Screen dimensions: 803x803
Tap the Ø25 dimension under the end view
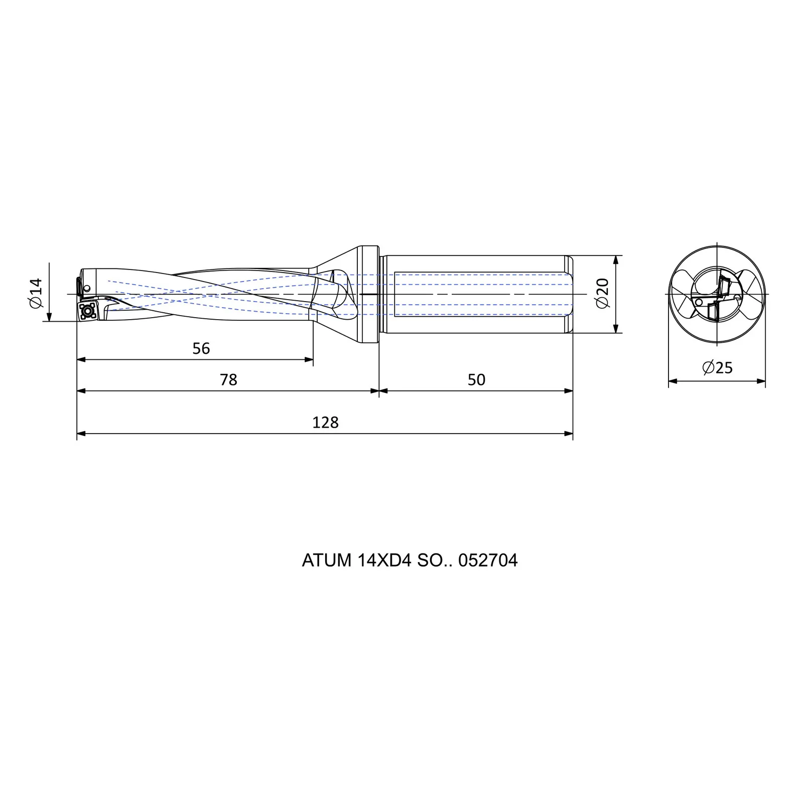(717, 368)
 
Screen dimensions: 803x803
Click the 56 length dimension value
(201, 348)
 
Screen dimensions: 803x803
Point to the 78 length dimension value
(228, 379)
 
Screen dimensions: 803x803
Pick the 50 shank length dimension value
(476, 379)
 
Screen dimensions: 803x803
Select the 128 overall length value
(325, 422)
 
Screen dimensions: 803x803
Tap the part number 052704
(488, 560)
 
